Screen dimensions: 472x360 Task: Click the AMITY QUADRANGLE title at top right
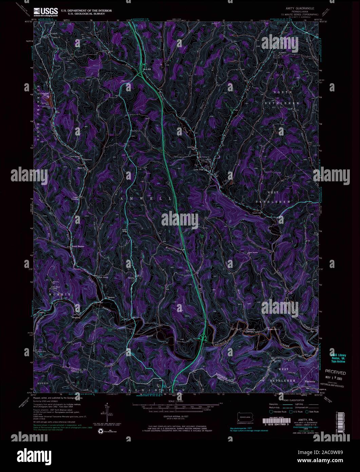coord(300,7)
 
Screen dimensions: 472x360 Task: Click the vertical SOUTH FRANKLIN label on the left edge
coord(38,112)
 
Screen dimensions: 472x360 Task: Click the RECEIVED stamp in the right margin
coord(336,372)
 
